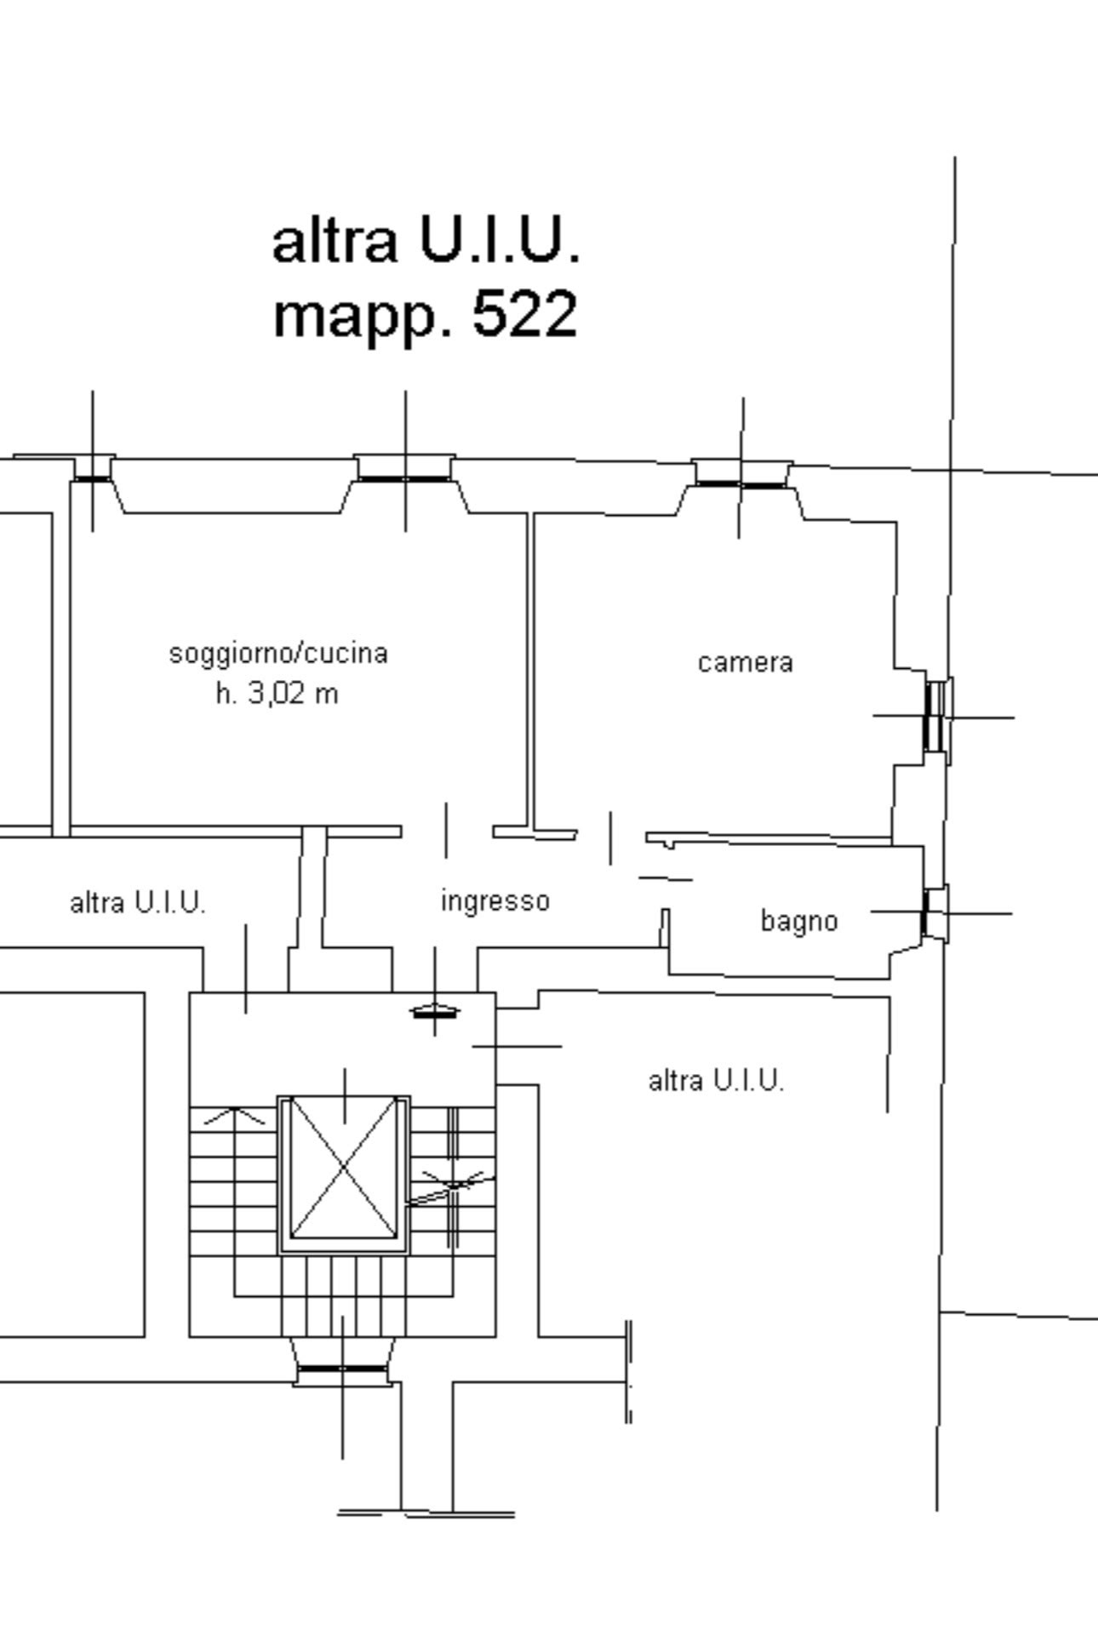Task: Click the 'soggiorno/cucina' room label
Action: pyautogui.click(x=278, y=654)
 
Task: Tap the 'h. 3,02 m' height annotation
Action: pyautogui.click(x=277, y=694)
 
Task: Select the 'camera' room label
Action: pyautogui.click(x=745, y=663)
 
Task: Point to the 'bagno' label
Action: pyautogui.click(x=799, y=921)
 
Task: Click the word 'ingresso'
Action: pyautogui.click(x=495, y=901)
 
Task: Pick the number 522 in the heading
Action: pyautogui.click(x=525, y=313)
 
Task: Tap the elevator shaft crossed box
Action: pyautogui.click(x=344, y=1174)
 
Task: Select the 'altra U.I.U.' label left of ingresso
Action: pyautogui.click(x=138, y=902)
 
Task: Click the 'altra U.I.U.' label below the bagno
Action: pyautogui.click(x=716, y=1081)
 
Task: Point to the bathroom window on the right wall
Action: pyautogui.click(x=935, y=912)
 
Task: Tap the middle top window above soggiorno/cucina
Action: pyautogui.click(x=405, y=467)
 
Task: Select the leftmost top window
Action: pyautogui.click(x=93, y=467)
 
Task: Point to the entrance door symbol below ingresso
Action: pyautogui.click(x=435, y=1012)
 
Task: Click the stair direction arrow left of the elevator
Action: pyautogui.click(x=234, y=1116)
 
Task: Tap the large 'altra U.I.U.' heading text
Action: pyautogui.click(x=426, y=239)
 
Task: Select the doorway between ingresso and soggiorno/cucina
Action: pyautogui.click(x=447, y=831)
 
